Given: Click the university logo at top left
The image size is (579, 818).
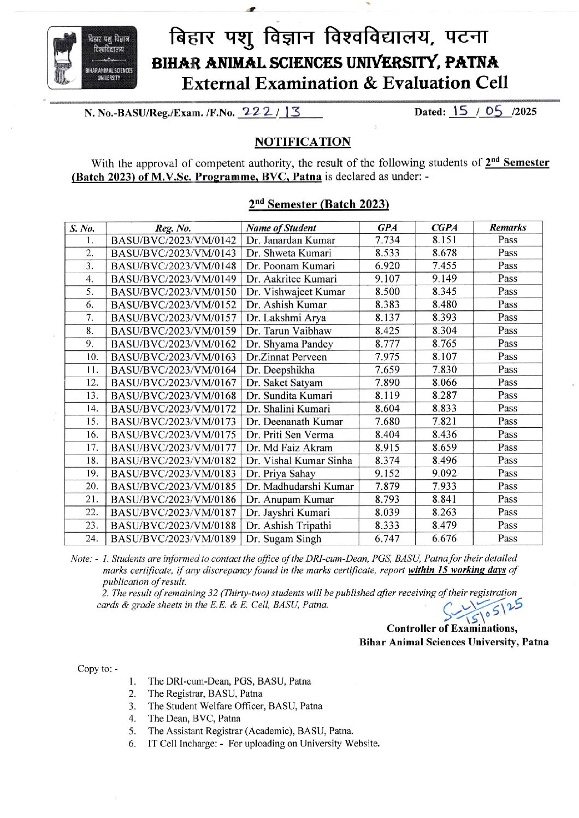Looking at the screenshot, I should coord(92,58).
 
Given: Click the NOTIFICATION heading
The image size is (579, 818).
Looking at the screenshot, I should coord(302,142).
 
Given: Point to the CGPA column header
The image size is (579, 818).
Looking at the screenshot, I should coord(444,227).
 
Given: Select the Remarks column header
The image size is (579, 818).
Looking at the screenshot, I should coord(507,227).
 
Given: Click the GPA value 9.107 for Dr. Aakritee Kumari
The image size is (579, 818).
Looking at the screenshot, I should coord(387,279).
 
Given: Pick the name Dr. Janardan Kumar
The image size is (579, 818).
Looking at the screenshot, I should coord(291,240).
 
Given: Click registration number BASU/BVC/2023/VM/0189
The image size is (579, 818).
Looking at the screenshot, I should coord(174,539).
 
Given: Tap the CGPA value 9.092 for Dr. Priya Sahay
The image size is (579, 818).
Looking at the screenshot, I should coord(444,473).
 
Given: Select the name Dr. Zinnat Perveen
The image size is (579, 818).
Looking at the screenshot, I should coord(286,357).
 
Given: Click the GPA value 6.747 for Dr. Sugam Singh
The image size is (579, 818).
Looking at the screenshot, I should coord(387,539).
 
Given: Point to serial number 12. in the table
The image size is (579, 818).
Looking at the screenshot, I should coord(92,382).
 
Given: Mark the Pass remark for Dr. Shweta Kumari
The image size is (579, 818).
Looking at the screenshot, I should coord(507,253).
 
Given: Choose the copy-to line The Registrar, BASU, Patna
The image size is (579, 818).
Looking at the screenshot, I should coord(205,693).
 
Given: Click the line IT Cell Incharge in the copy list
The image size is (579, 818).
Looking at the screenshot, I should coord(264,743).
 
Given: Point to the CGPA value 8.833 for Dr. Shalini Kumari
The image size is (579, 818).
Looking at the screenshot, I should coord(444,408).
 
